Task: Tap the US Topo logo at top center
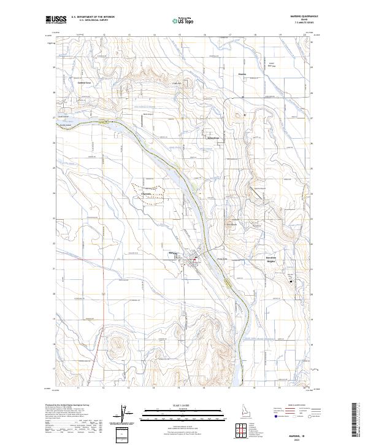coord(184,20)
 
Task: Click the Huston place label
coord(241,76)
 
